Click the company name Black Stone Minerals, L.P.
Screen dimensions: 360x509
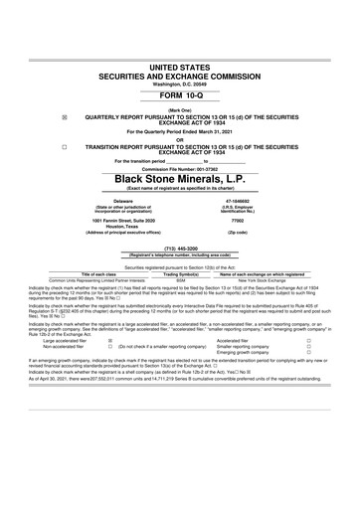(x=179, y=179)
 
